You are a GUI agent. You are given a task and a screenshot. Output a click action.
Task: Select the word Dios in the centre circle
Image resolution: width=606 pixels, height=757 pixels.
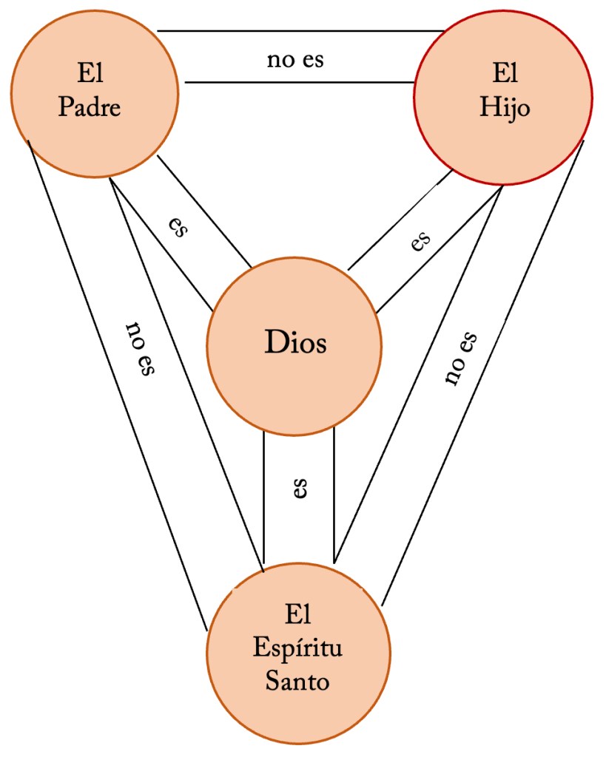295,344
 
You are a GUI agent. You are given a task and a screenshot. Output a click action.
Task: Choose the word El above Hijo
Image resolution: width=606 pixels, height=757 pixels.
505,74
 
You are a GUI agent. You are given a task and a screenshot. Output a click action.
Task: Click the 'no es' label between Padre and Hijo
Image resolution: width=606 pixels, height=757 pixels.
295,59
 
